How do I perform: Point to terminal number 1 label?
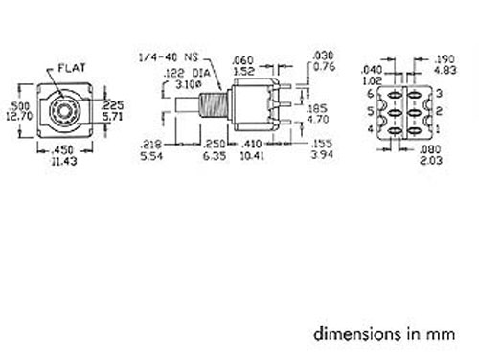point(439,124)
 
